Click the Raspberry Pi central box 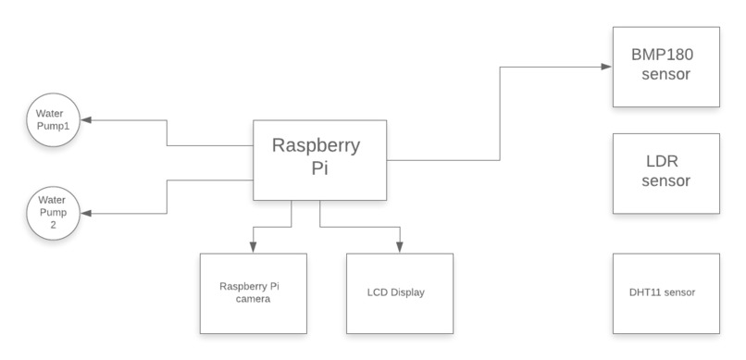tap(320, 159)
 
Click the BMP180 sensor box tap(666, 66)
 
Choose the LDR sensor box tap(666, 173)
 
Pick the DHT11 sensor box tap(666, 292)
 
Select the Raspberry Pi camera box tap(253, 292)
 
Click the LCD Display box tap(400, 292)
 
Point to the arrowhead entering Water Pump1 tap(86, 120)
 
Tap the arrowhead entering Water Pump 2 tap(86, 213)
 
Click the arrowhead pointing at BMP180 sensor tap(606, 67)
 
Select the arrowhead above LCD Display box tap(400, 247)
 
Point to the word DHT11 tap(644, 292)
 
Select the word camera tap(253, 299)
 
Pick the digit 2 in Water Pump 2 tap(53, 225)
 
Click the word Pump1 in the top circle tap(53, 126)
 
